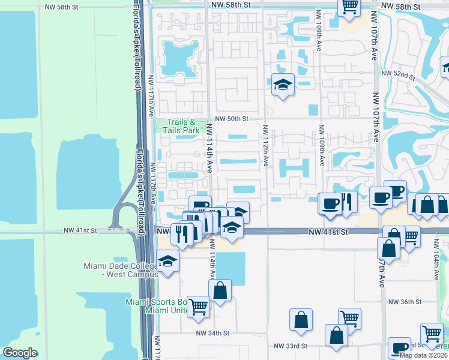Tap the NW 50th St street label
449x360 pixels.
(x=229, y=119)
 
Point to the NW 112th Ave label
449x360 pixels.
(x=265, y=145)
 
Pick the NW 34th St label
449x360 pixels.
(x=212, y=333)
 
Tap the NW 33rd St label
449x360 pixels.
(x=291, y=346)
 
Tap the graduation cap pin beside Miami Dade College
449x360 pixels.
(x=168, y=262)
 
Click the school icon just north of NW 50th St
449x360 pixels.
(x=282, y=85)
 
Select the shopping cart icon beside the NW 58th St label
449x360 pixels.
(x=349, y=7)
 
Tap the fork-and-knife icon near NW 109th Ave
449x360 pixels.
(x=346, y=202)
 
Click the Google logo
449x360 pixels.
(x=20, y=353)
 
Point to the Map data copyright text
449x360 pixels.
(x=423, y=355)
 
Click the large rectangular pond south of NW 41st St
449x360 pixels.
(x=231, y=268)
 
